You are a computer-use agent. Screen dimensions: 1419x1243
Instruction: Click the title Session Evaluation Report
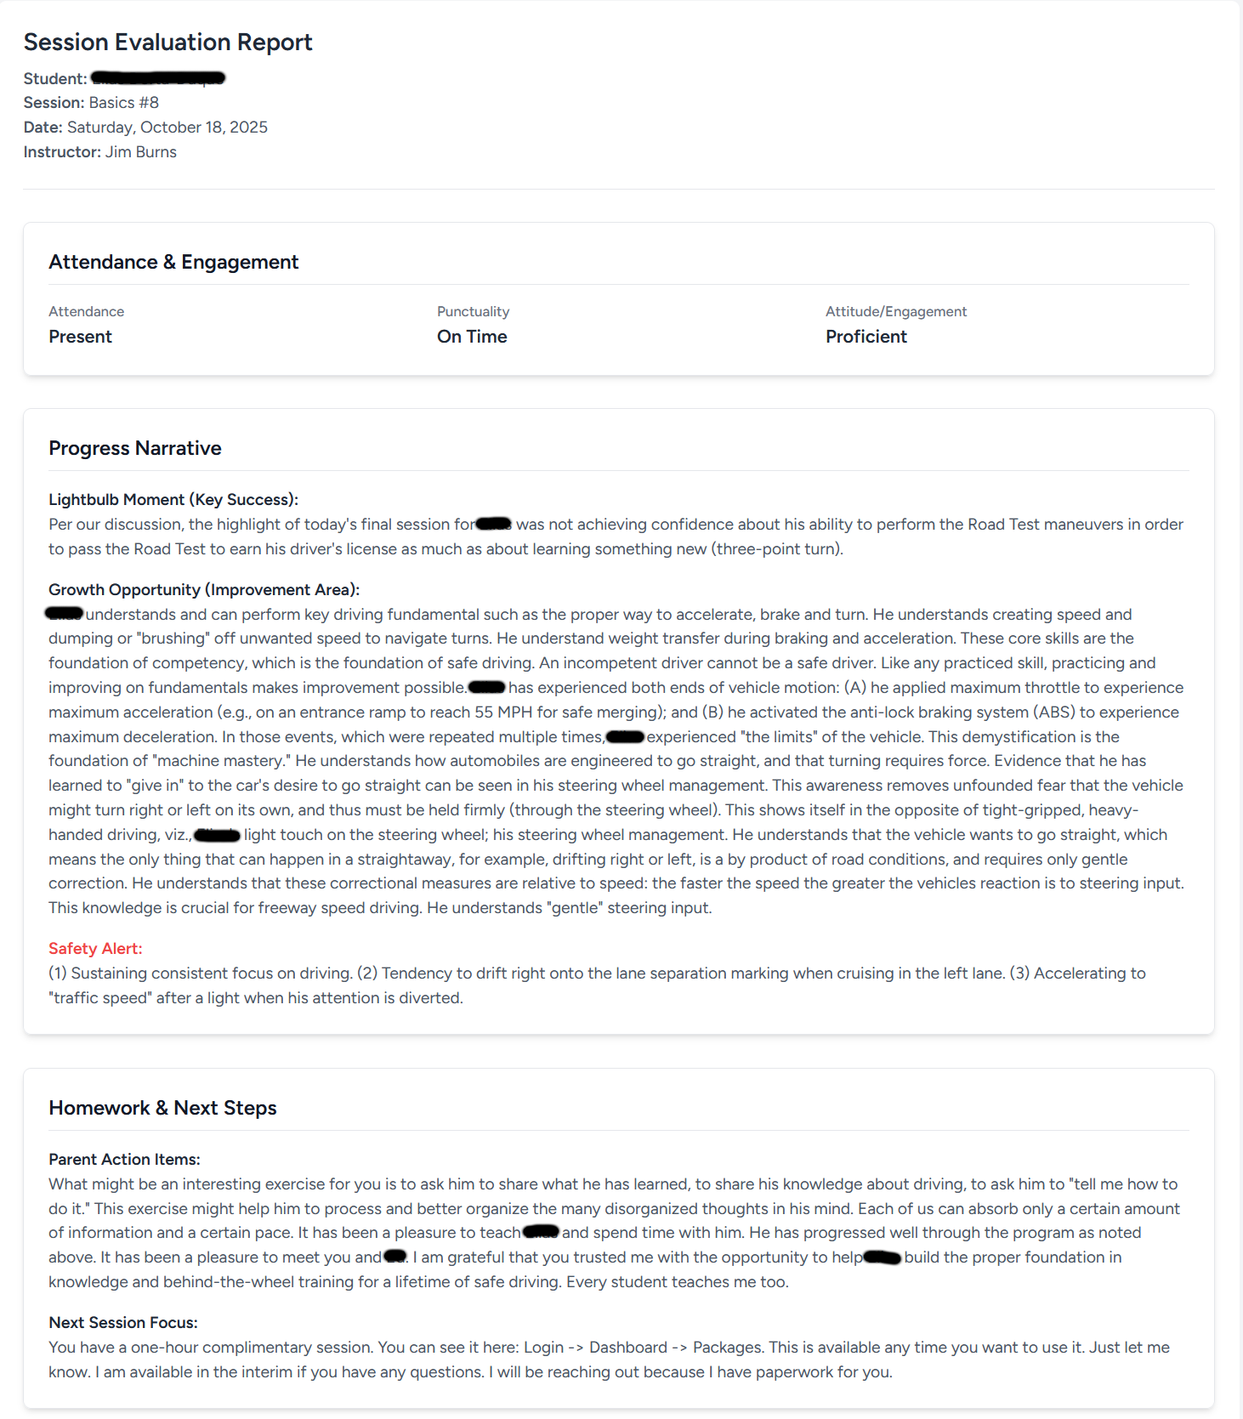(167, 43)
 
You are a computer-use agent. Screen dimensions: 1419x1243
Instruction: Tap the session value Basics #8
(123, 103)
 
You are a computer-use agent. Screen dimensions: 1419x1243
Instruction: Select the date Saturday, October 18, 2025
(167, 128)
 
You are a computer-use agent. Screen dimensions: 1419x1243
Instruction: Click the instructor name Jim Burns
(140, 152)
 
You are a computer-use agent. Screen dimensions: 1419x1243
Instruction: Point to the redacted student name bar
(158, 78)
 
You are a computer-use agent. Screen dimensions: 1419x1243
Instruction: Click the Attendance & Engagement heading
(173, 262)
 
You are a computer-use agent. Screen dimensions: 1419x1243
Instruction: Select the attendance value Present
(80, 337)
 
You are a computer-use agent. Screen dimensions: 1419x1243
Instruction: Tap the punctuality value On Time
(472, 337)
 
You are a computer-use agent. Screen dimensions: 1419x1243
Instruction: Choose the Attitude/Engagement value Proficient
(866, 337)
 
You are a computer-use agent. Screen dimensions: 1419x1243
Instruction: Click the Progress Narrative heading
(134, 448)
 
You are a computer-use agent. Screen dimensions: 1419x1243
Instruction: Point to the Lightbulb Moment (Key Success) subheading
(173, 500)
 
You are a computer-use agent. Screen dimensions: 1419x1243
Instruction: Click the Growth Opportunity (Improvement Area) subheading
(203, 590)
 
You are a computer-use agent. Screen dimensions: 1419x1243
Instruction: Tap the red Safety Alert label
(95, 949)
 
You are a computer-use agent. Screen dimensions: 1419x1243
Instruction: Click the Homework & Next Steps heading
(162, 1108)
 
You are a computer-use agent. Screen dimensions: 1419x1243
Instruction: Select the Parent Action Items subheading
(124, 1160)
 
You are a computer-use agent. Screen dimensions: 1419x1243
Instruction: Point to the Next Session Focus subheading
(122, 1323)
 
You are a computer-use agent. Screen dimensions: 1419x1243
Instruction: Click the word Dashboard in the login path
(627, 1348)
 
